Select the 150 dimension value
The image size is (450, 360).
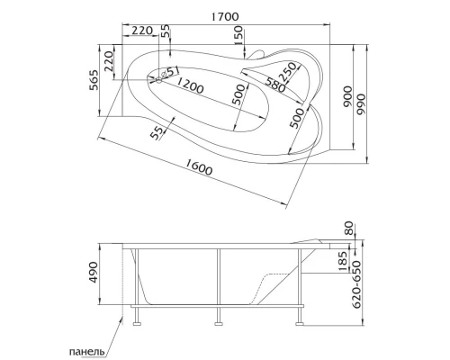(238, 33)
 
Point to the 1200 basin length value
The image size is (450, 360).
(190, 85)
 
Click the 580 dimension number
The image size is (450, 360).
(275, 85)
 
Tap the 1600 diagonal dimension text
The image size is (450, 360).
(203, 170)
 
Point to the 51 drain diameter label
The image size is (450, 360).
(172, 73)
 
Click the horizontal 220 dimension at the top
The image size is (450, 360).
(141, 31)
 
